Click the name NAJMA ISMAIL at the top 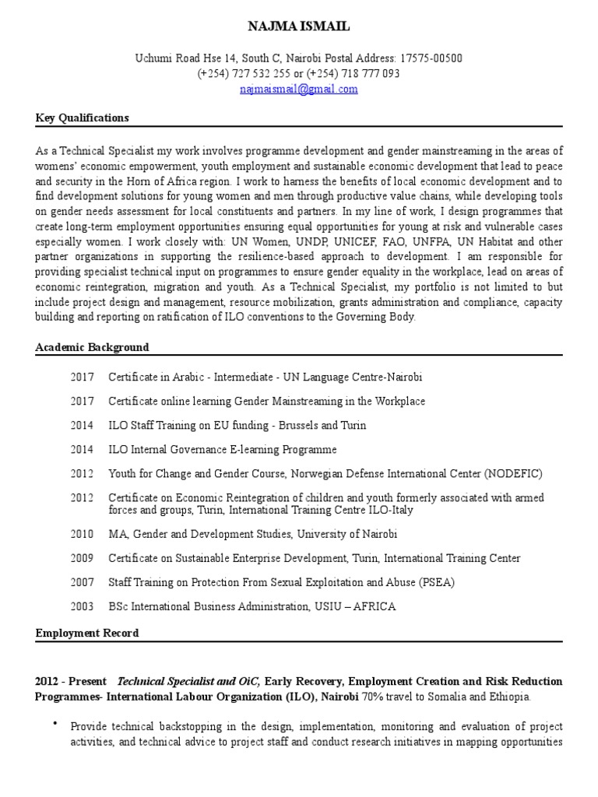[x=299, y=27]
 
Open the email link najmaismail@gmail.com [x=299, y=89]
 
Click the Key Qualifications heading [x=82, y=118]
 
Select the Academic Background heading [x=92, y=347]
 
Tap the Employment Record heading [x=87, y=633]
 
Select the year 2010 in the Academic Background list [x=82, y=533]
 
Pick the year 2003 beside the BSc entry [x=82, y=606]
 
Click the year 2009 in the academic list [x=82, y=558]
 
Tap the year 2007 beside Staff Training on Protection [x=82, y=582]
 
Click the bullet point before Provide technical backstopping [x=55, y=725]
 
